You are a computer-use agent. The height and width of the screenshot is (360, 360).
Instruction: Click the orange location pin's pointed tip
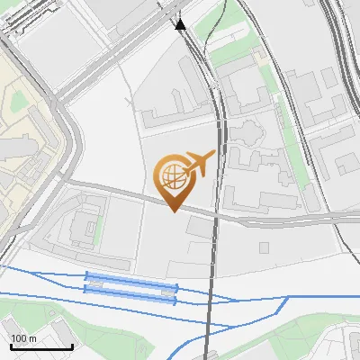(174, 211)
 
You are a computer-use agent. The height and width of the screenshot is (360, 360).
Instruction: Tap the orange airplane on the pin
(200, 163)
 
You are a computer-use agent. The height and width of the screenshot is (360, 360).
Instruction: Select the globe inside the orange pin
(173, 175)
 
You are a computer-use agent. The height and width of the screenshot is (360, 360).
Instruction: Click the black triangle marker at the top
(181, 24)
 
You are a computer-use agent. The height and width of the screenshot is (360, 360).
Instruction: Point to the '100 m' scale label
(23, 338)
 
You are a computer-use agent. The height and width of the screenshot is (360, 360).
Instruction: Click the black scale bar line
(41, 346)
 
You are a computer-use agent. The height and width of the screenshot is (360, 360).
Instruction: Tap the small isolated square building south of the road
(264, 247)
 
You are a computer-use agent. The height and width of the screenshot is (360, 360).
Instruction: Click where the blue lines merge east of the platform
(236, 301)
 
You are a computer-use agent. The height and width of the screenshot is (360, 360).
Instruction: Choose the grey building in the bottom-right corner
(346, 346)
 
